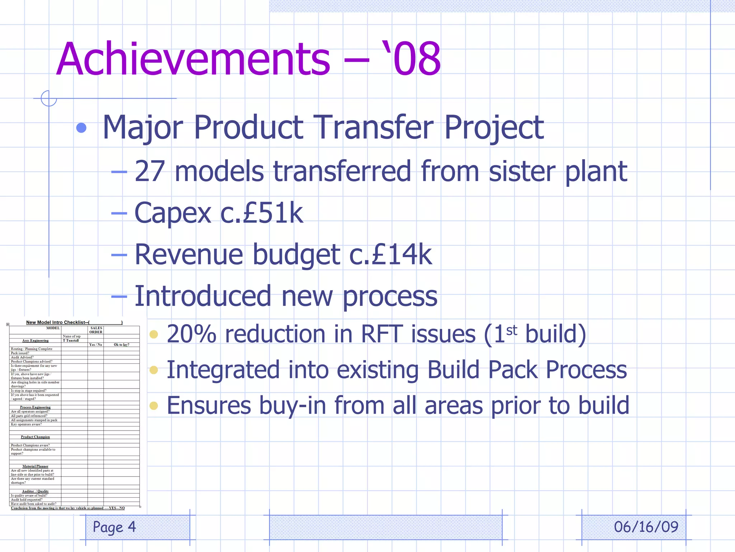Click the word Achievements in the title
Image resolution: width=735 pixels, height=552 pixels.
tap(193, 59)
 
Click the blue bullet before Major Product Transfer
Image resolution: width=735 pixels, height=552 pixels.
tap(81, 128)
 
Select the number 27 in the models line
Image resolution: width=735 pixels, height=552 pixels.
tap(150, 172)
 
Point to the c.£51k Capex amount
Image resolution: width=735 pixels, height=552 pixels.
tap(262, 213)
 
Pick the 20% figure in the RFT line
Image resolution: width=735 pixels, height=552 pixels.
tap(192, 334)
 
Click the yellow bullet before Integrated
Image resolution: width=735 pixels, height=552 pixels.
tap(154, 370)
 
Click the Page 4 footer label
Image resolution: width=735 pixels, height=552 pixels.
tap(114, 527)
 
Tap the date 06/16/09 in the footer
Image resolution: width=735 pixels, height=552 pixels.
tap(646, 527)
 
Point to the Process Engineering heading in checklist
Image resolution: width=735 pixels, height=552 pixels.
tap(35, 407)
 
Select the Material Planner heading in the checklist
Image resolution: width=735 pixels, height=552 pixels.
tap(35, 466)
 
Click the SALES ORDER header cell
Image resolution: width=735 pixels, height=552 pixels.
tap(96, 330)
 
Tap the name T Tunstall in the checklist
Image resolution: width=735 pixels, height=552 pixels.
tap(71, 340)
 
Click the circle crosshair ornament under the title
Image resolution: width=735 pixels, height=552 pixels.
tap(49, 98)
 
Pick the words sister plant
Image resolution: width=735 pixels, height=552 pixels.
tap(558, 172)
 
